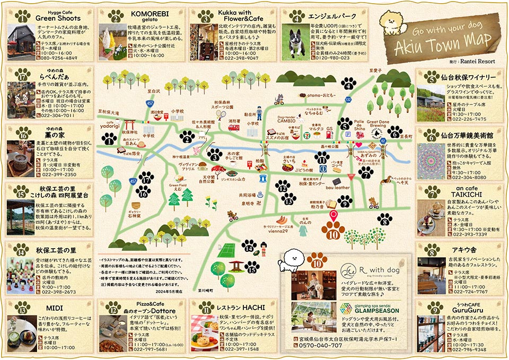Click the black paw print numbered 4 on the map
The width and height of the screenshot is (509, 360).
pyautogui.click(x=349, y=83)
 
